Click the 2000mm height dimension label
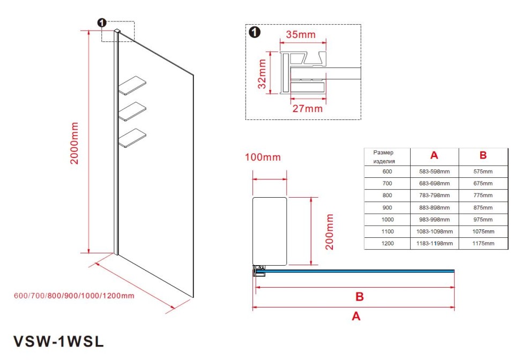click(75, 143)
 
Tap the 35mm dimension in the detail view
click(300, 35)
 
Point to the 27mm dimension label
click(308, 108)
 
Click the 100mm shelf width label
click(263, 157)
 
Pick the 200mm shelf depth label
click(330, 231)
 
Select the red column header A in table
click(434, 155)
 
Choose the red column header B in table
click(483, 155)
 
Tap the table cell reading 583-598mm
click(434, 171)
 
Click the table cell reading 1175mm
click(483, 243)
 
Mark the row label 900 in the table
click(387, 207)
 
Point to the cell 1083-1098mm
click(434, 231)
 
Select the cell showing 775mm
click(483, 196)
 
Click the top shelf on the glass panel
click(132, 85)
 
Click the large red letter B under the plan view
click(360, 296)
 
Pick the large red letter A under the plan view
click(355, 316)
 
